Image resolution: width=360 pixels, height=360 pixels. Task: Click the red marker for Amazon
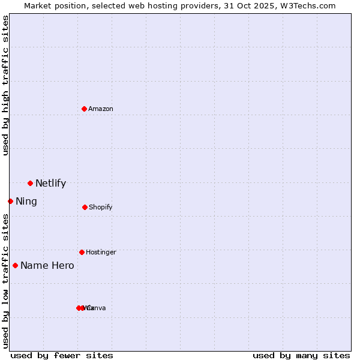coord(85,109)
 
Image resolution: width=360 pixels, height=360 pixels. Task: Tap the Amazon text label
coord(101,109)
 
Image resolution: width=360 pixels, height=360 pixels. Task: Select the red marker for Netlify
coord(30,183)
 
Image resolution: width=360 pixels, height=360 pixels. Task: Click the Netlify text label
coord(50,184)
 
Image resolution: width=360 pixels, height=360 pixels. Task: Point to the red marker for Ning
coord(10,201)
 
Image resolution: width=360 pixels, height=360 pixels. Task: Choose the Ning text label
coord(26,202)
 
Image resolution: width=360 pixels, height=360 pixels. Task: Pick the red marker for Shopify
coord(85,207)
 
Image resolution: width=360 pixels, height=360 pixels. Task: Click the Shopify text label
coord(101,208)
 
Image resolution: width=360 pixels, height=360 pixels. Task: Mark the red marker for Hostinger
coord(82,252)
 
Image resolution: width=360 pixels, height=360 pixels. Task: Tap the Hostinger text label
coord(101,253)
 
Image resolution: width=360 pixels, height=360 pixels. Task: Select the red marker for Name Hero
coord(15,265)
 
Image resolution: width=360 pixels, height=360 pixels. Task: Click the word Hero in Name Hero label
coord(63,266)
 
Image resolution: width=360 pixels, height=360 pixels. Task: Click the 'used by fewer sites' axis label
coord(62,355)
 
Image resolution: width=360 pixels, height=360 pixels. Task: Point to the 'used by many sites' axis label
coord(301,355)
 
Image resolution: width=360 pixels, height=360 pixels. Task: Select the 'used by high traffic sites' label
coord(5,85)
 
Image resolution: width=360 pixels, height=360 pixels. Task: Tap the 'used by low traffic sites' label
coord(5,281)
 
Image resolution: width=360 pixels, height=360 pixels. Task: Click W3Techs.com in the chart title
coord(310,5)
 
